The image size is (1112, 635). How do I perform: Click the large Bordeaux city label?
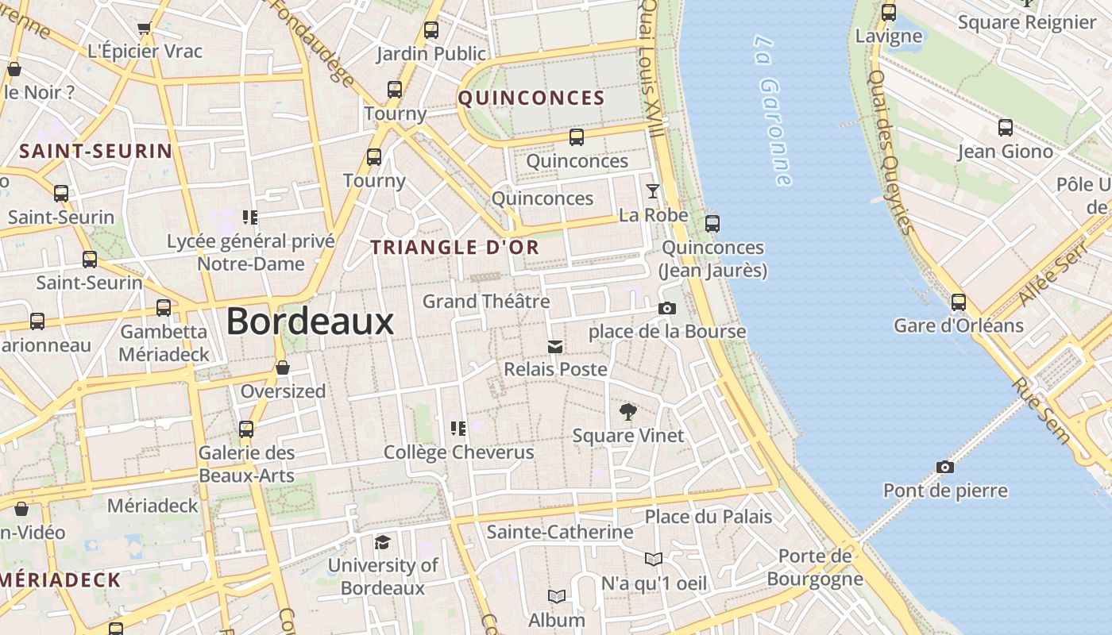[x=310, y=321]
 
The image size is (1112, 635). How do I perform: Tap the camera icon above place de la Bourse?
[x=667, y=308]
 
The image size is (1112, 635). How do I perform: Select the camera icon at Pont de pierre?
[x=944, y=467]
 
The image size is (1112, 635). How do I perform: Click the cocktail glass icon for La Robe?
[x=653, y=190]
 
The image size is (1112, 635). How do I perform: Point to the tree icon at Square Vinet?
[x=627, y=412]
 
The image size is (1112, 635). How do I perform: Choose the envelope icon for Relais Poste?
[x=555, y=346]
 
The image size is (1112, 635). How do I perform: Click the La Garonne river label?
[x=773, y=110]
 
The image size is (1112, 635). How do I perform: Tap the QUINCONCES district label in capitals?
[x=531, y=98]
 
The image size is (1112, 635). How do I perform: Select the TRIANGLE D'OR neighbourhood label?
[x=455, y=247]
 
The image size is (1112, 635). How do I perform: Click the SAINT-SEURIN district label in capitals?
[x=95, y=151]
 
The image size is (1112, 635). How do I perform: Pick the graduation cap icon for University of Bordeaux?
[x=382, y=542]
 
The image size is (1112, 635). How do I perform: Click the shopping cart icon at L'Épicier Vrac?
[x=144, y=29]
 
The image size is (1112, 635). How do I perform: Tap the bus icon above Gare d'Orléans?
[x=959, y=302]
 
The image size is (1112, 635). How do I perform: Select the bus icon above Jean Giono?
[x=1005, y=127]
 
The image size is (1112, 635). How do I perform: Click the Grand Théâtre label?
[x=486, y=302]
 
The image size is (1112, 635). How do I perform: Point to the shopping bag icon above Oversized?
[x=283, y=368]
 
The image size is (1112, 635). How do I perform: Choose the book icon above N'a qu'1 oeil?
[x=653, y=560]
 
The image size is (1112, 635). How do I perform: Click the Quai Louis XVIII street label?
[x=651, y=67]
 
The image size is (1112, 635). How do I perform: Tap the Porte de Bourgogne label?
[x=815, y=567]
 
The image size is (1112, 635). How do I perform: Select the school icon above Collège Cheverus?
[x=458, y=429]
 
